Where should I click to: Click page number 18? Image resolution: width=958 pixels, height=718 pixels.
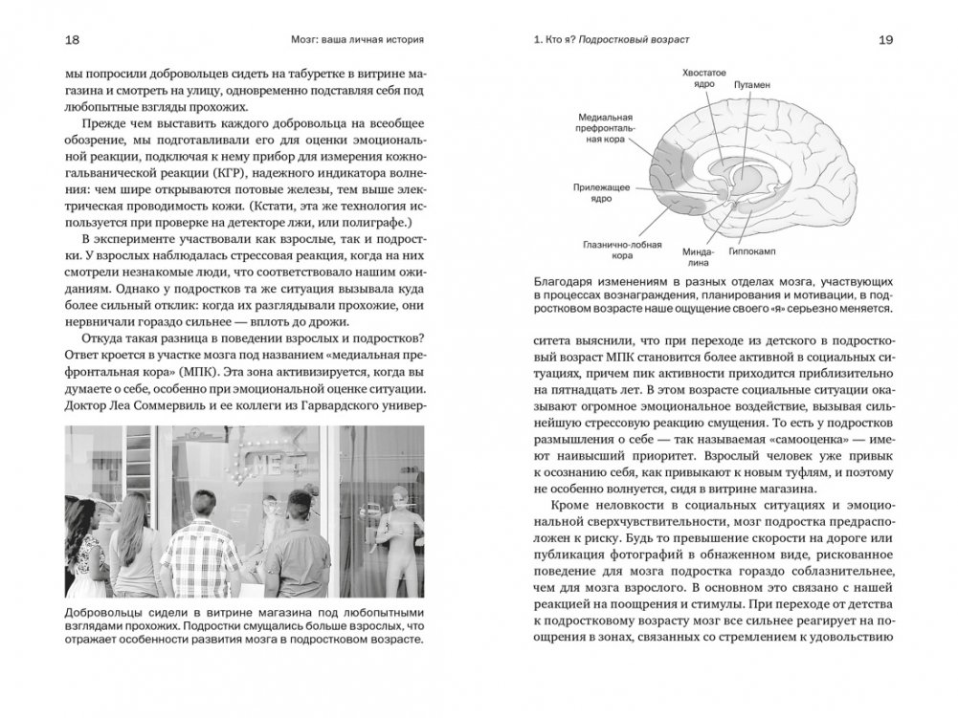pyautogui.click(x=72, y=40)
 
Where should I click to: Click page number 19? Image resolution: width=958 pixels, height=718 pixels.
pyautogui.click(x=884, y=40)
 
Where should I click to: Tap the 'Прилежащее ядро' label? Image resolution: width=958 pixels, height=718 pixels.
pyautogui.click(x=601, y=193)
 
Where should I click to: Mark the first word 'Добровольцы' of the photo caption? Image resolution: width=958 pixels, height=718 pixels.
pyautogui.click(x=99, y=611)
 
